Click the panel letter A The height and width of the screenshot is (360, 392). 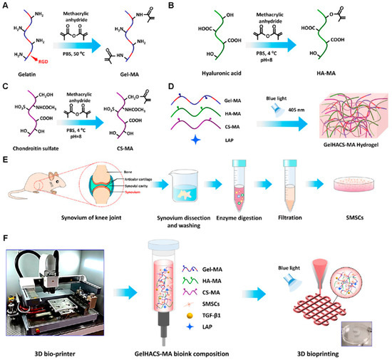tap(5, 6)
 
